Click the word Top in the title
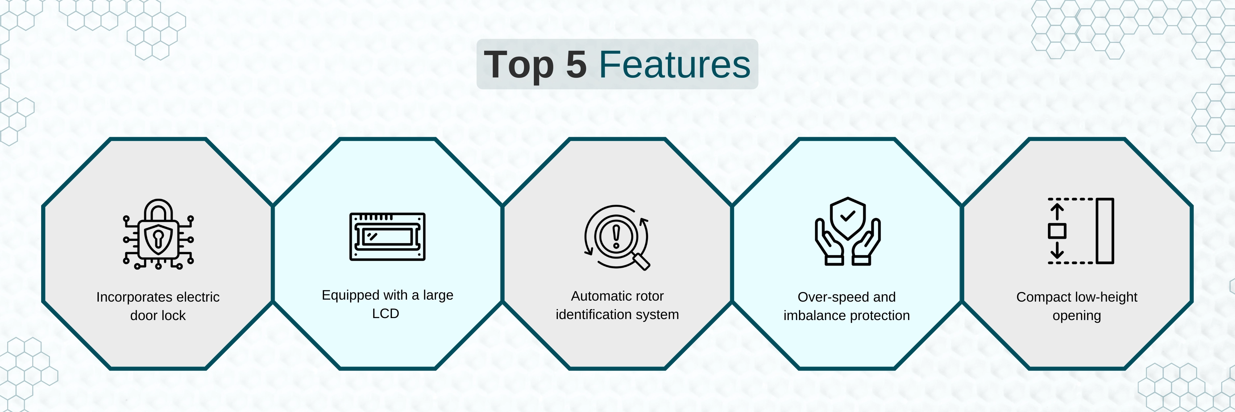519,66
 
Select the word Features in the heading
674,64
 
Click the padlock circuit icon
158,234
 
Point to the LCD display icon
387,236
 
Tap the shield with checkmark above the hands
848,218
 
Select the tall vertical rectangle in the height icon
1105,231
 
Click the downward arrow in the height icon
1057,249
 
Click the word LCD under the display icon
385,314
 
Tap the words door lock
158,316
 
